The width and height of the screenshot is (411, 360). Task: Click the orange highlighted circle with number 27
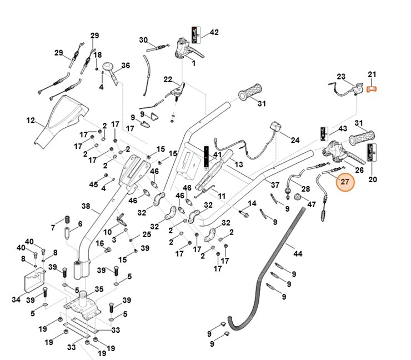pyautogui.click(x=344, y=182)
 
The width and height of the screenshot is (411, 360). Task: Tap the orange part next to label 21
pyautogui.click(x=372, y=88)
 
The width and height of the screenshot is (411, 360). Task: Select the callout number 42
pyautogui.click(x=214, y=33)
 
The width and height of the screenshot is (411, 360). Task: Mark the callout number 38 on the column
pyautogui.click(x=86, y=206)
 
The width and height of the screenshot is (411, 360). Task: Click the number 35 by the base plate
pyautogui.click(x=99, y=289)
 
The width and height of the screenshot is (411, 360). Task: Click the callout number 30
pyautogui.click(x=143, y=40)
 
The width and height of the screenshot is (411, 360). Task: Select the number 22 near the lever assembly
pyautogui.click(x=168, y=79)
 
